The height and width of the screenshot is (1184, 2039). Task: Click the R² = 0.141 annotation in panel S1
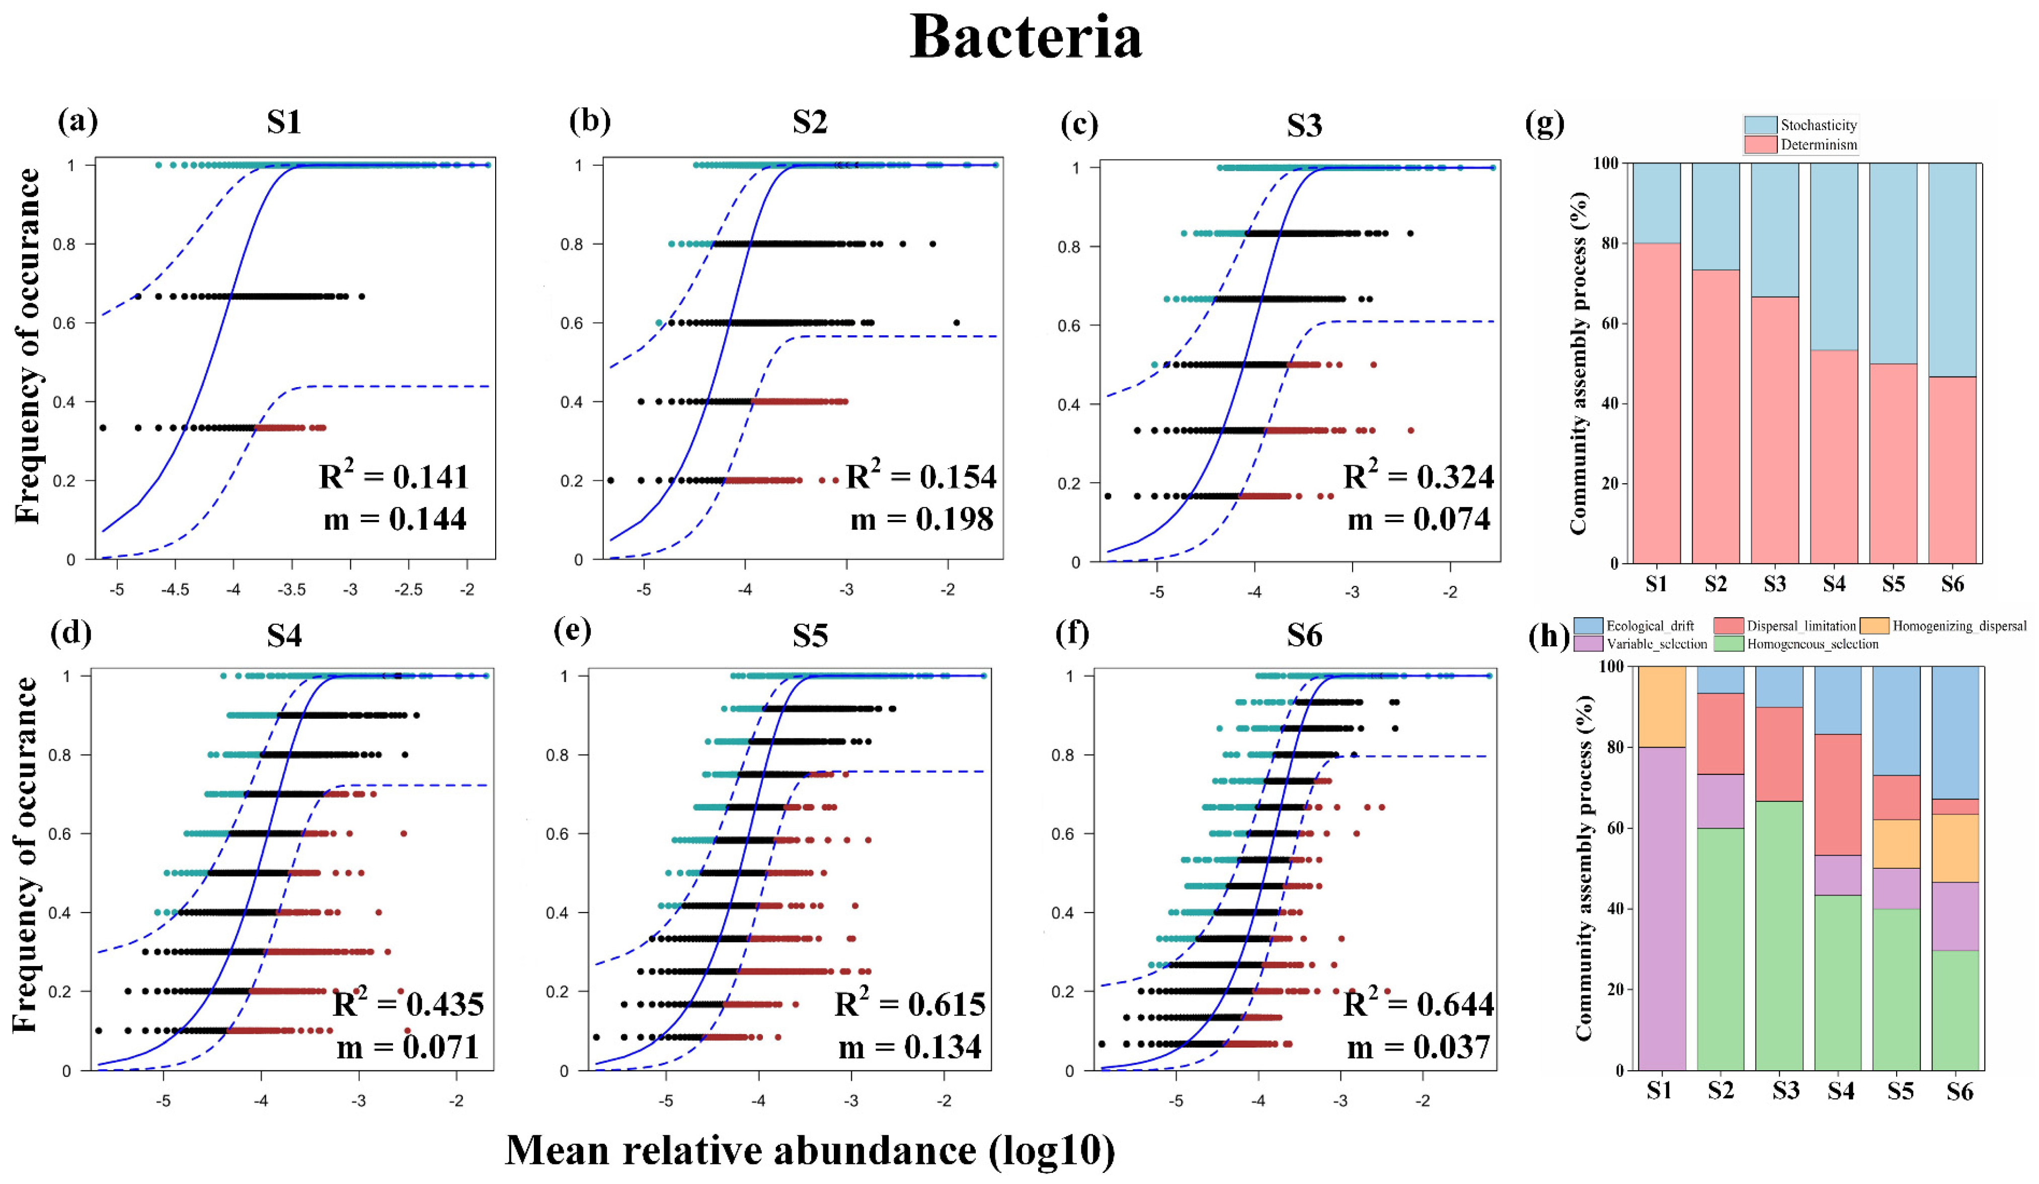pos(394,477)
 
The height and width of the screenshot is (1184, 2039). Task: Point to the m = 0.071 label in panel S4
pos(408,1047)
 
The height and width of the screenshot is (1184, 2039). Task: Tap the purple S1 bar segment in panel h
pos(1661,907)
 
